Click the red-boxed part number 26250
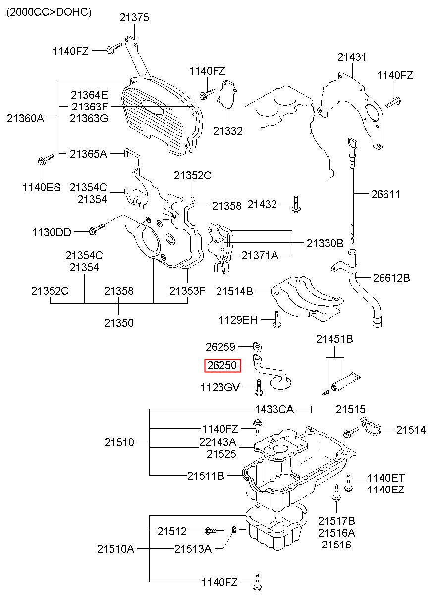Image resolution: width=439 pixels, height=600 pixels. [x=222, y=365]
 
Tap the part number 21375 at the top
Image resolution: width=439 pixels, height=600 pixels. [x=134, y=18]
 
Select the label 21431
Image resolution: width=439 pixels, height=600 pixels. [x=352, y=57]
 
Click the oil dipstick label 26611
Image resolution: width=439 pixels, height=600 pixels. [x=385, y=194]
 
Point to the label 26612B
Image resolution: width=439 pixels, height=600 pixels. [x=391, y=278]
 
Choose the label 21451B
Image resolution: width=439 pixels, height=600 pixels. [x=334, y=339]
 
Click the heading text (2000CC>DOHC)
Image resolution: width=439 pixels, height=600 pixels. [x=49, y=12]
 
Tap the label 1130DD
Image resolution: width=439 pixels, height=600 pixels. [x=52, y=232]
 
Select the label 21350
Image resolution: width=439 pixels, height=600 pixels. [x=118, y=323]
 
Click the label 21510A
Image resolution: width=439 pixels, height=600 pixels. [x=115, y=549]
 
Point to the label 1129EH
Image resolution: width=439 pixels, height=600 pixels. [x=238, y=320]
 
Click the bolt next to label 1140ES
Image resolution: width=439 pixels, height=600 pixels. [x=44, y=160]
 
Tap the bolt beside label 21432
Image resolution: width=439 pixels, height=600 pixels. [x=295, y=205]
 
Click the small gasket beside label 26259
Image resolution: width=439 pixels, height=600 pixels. [x=257, y=347]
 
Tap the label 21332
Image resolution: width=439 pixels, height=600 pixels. [x=227, y=131]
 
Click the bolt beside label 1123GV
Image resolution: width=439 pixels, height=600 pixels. [x=259, y=387]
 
